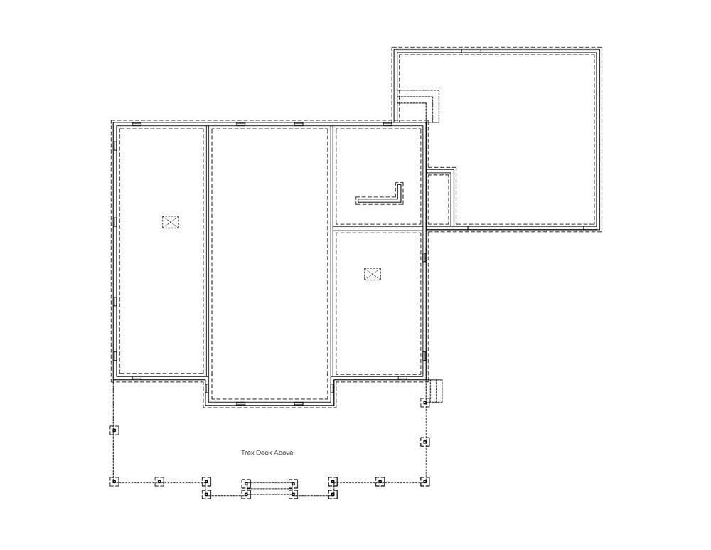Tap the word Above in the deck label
click(284, 453)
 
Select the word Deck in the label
click(264, 453)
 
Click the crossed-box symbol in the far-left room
click(171, 222)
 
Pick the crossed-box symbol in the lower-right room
click(373, 274)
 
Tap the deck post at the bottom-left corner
click(114, 481)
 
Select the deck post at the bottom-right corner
click(424, 481)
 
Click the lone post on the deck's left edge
click(114, 430)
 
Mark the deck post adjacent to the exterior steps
click(424, 402)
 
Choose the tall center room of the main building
click(269, 263)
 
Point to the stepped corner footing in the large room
click(418, 106)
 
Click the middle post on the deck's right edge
click(424, 442)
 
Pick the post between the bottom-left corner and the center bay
click(159, 481)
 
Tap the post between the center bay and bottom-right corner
click(380, 481)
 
